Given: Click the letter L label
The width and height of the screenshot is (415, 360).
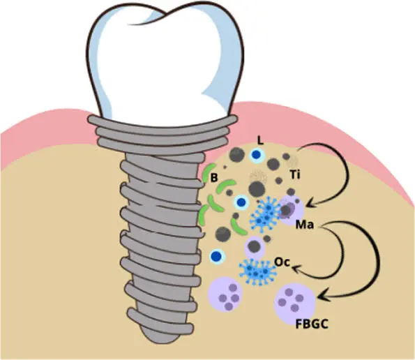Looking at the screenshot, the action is click(x=260, y=141).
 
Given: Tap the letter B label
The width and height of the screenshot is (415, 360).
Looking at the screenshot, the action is click(x=214, y=178).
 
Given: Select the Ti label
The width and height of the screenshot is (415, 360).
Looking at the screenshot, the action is click(x=295, y=174).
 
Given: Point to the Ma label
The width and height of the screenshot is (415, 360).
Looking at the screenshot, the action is click(x=305, y=225).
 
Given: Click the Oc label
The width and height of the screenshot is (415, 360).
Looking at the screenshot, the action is click(x=282, y=262).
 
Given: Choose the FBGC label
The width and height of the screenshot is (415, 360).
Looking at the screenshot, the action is click(x=312, y=324).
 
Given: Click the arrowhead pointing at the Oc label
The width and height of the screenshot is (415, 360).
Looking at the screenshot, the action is click(x=296, y=269).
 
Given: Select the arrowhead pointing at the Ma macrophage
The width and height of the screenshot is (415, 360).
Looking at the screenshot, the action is click(x=312, y=203).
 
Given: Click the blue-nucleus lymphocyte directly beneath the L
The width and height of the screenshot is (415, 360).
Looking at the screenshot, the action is click(x=256, y=155).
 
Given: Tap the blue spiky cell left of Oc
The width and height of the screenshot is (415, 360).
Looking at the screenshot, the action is click(x=257, y=271).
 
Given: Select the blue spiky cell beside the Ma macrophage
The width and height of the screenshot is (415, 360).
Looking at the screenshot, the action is click(x=266, y=214).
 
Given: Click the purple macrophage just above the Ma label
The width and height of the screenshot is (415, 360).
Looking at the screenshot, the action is click(x=291, y=210).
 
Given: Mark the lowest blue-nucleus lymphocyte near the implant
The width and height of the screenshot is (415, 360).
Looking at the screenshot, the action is click(x=217, y=256).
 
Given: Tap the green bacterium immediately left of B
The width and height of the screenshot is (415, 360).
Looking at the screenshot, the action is click(x=208, y=172).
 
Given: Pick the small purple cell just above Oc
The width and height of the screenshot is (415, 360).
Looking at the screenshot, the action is click(x=255, y=247).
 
